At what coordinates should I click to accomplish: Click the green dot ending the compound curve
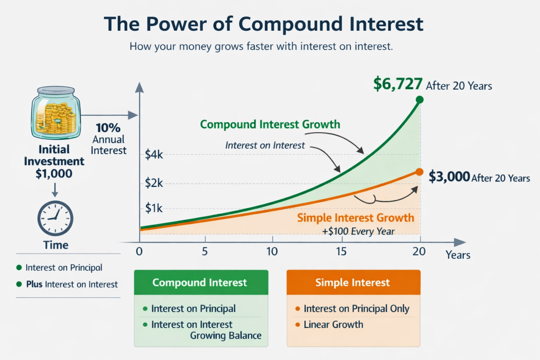tap(419, 99)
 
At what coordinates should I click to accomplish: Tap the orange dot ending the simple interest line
tap(419, 172)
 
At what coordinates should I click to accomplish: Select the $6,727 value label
tap(398, 84)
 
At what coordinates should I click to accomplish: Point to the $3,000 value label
tap(449, 176)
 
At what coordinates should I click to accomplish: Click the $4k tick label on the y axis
tap(154, 154)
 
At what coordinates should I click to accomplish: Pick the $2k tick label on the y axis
tap(154, 183)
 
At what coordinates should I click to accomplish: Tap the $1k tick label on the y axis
tap(154, 208)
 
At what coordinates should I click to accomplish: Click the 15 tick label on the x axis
tap(341, 251)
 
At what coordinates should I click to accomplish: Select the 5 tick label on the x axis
tap(205, 251)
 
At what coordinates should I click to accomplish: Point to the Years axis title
tap(458, 255)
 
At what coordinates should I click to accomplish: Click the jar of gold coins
tap(56, 112)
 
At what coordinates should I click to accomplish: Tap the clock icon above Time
tap(56, 218)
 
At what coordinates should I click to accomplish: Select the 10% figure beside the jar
tap(108, 128)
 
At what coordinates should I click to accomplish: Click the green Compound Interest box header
tap(201, 282)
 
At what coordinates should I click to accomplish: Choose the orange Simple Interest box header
tap(353, 282)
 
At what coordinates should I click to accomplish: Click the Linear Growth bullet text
tap(333, 324)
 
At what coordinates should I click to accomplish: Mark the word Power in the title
tap(176, 24)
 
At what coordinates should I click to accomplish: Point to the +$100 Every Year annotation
tap(358, 231)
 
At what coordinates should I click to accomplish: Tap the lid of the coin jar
tap(56, 90)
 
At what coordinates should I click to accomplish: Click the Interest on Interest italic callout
tap(265, 146)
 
